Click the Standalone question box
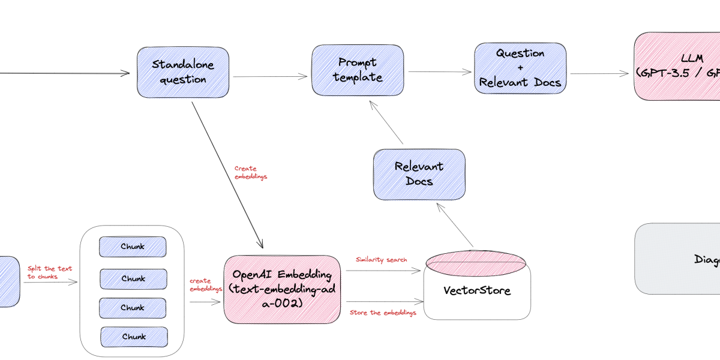pyautogui.click(x=183, y=71)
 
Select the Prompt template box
pyautogui.click(x=358, y=70)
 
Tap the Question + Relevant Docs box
pyautogui.click(x=520, y=68)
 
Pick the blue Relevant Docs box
pyautogui.click(x=419, y=174)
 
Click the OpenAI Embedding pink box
pyautogui.click(x=282, y=289)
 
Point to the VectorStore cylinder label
pyautogui.click(x=477, y=291)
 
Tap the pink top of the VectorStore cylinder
pyautogui.click(x=475, y=262)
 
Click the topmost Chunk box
pyautogui.click(x=133, y=247)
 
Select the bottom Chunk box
pyautogui.click(x=133, y=337)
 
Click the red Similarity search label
pyautogui.click(x=381, y=260)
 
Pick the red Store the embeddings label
pyautogui.click(x=383, y=313)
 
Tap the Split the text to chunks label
pyautogui.click(x=49, y=272)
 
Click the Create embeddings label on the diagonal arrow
pyautogui.click(x=250, y=173)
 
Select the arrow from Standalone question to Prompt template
pyautogui.click(x=270, y=76)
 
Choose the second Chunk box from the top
pyautogui.click(x=133, y=278)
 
